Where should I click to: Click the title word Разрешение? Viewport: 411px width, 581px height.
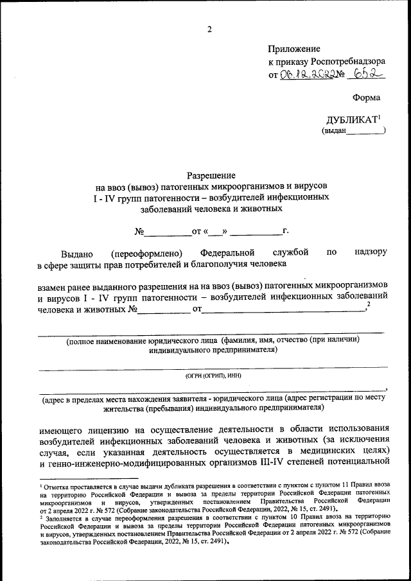pyautogui.click(x=211, y=175)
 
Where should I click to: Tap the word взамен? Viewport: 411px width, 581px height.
pyautogui.click(x=55, y=286)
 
